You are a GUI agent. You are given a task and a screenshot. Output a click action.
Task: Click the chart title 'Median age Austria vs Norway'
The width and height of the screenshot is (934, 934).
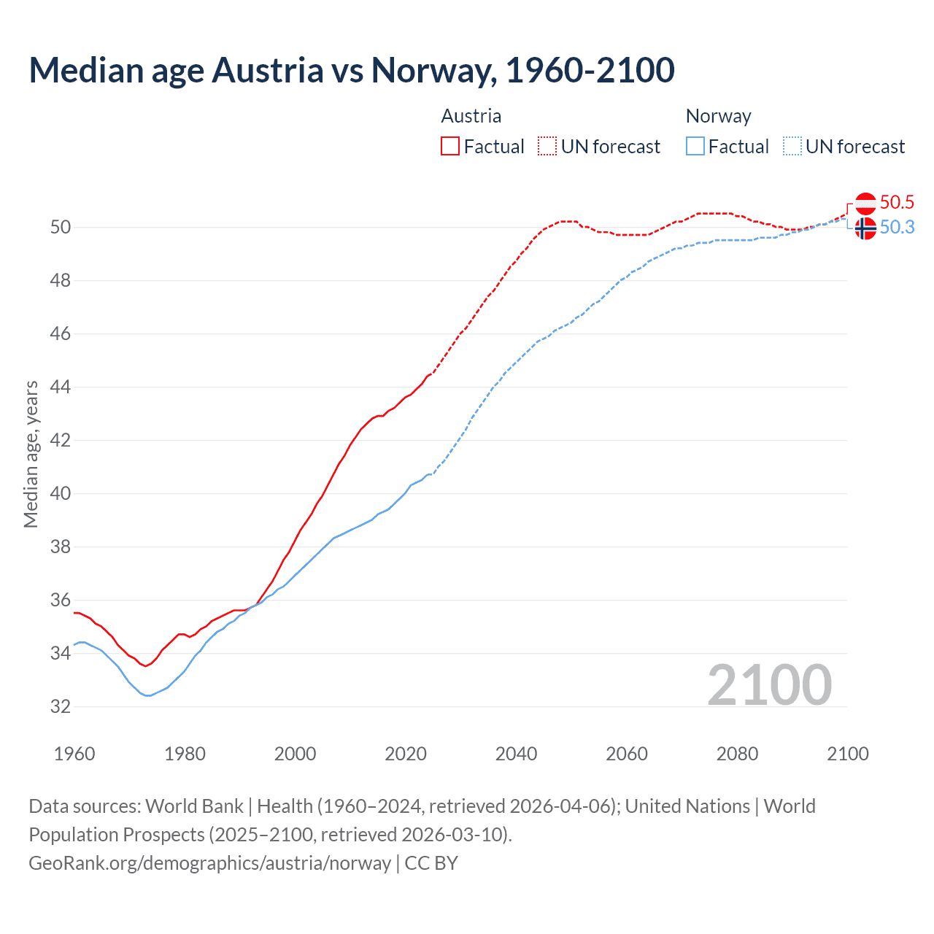point(351,71)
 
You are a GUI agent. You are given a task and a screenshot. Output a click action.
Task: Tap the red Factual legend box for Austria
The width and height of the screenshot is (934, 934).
point(450,147)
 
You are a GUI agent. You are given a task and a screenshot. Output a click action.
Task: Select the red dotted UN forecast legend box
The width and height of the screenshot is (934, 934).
point(547,147)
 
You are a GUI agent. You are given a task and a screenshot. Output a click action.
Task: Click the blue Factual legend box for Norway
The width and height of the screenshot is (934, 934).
point(695,147)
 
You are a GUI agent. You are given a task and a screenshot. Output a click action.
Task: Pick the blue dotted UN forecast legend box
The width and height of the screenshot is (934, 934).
point(792,147)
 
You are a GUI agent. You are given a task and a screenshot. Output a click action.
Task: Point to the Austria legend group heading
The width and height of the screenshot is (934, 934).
point(471,116)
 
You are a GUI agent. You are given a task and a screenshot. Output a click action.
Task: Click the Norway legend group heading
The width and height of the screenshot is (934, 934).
point(718,116)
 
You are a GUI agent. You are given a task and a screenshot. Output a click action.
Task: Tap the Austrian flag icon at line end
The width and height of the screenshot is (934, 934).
point(865,203)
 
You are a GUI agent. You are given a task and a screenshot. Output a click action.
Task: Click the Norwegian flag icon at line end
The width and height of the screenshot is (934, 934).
point(865,228)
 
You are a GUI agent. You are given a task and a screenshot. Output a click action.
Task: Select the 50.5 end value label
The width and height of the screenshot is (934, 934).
point(897,202)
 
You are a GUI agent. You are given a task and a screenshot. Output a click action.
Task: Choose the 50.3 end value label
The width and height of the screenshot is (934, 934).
point(897,228)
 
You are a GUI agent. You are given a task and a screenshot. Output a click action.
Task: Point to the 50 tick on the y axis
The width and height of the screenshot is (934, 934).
point(61,227)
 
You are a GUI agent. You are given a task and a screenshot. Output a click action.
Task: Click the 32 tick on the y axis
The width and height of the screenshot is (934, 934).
point(61,706)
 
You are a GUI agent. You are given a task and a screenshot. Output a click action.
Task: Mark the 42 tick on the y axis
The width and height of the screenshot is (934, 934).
point(61,440)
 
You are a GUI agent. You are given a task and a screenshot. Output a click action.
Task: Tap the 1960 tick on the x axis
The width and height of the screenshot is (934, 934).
point(74,754)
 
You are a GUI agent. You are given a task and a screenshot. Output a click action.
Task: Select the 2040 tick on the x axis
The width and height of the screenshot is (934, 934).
point(516,754)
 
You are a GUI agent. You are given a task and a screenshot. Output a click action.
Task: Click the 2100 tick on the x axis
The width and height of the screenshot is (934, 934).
point(847,754)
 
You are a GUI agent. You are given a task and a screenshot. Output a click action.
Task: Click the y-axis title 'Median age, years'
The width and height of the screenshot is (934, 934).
point(31,454)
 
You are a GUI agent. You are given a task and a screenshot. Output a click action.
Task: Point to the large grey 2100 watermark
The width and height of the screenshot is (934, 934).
point(769,684)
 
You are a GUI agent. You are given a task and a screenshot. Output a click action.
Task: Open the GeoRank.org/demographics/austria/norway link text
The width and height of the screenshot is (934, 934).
point(210,863)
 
